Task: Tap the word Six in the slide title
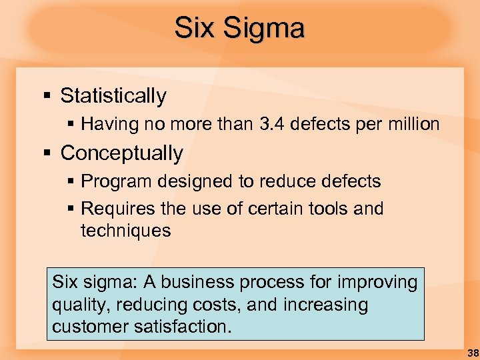pyautogui.click(x=195, y=29)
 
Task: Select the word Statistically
pyautogui.click(x=113, y=96)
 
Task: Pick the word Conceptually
pyautogui.click(x=121, y=153)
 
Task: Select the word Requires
pyautogui.click(x=117, y=209)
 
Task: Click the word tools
pyautogui.click(x=327, y=209)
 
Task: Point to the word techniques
pyautogui.click(x=125, y=231)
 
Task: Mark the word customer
pyautogui.click(x=87, y=327)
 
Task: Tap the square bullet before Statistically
pyautogui.click(x=47, y=97)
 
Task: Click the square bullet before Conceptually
pyautogui.click(x=47, y=154)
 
